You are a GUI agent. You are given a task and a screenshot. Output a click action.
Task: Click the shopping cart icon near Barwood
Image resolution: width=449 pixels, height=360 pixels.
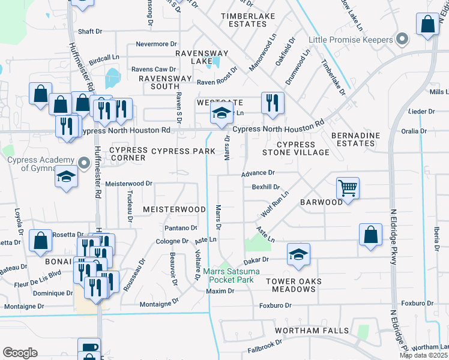(348, 188)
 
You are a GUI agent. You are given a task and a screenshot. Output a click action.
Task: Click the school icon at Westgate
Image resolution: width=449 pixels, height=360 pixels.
(221, 112)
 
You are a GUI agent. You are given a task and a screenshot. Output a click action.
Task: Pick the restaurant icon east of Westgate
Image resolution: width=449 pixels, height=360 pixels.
(272, 103)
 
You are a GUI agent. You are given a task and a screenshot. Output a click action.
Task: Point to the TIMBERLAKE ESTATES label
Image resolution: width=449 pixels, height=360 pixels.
(243, 20)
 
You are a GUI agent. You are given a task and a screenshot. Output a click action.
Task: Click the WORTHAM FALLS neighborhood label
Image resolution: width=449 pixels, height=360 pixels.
(312, 331)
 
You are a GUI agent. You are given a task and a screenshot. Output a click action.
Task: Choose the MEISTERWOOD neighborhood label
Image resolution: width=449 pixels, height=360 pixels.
(174, 209)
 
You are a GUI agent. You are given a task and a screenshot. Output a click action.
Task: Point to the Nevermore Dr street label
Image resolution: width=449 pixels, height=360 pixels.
(156, 44)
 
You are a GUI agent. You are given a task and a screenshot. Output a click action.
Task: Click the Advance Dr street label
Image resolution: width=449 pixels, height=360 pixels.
(258, 173)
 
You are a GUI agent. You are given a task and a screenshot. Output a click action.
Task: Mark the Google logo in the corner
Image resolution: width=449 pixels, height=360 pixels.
(20, 353)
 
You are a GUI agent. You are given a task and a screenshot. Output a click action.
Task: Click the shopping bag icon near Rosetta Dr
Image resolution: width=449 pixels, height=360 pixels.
(40, 240)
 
